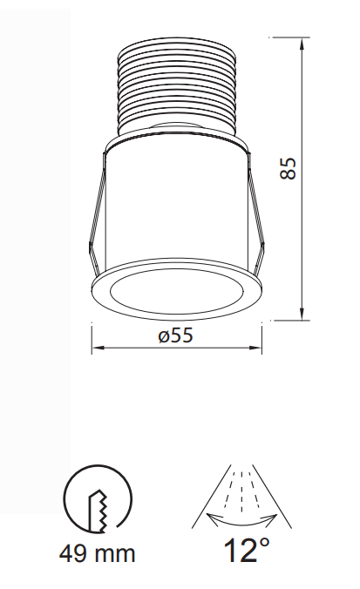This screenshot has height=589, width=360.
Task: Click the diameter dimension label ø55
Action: (175, 336)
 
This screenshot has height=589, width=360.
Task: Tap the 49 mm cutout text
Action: (98, 552)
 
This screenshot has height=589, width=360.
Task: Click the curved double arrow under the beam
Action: (237, 519)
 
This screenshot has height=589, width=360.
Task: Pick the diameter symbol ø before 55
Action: (162, 336)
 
